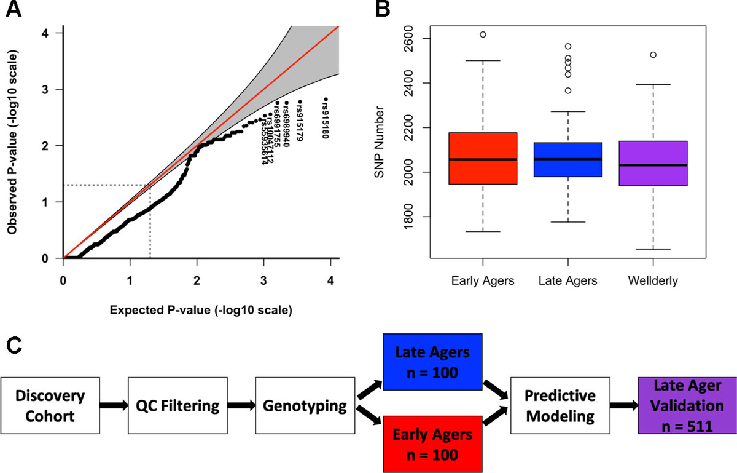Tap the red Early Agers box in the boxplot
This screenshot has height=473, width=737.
(483, 158)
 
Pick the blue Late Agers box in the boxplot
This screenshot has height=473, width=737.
(568, 159)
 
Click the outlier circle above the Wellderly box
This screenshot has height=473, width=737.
(653, 55)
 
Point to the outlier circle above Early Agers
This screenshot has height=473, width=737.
(483, 34)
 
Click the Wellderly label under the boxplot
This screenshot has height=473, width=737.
(653, 281)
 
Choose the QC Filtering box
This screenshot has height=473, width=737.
(174, 407)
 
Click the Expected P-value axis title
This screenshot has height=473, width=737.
(200, 311)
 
